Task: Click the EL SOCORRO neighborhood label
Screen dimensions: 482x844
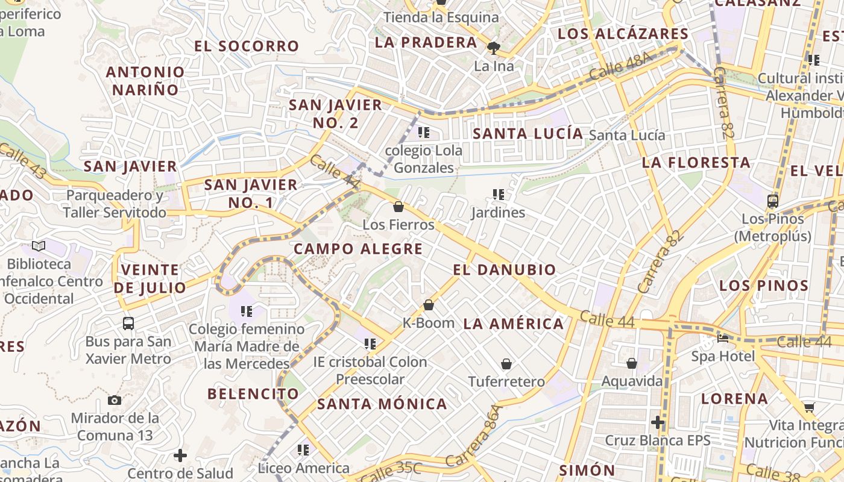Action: [247, 46]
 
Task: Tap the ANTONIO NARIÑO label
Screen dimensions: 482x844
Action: [145, 81]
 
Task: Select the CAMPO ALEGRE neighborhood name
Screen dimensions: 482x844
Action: [358, 249]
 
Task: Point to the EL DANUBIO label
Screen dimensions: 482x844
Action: [504, 269]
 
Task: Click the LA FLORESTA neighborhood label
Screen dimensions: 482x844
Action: [696, 162]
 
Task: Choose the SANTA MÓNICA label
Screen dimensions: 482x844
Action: [382, 404]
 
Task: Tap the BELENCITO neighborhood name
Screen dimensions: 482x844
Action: [253, 394]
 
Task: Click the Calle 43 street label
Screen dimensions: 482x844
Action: [22, 160]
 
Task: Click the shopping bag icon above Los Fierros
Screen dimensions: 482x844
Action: [398, 207]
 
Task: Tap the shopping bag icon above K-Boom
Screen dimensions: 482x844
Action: [429, 305]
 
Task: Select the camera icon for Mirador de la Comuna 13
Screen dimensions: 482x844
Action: [114, 401]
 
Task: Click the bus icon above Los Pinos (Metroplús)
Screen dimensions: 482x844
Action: [773, 201]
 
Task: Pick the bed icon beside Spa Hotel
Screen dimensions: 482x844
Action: [723, 338]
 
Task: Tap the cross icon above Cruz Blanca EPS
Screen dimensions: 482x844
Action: [658, 423]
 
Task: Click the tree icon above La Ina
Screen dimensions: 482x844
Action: [494, 48]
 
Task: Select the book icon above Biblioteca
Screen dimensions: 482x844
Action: [39, 246]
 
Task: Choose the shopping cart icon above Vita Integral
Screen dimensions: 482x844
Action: [809, 407]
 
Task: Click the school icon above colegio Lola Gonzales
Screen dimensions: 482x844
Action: [424, 132]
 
